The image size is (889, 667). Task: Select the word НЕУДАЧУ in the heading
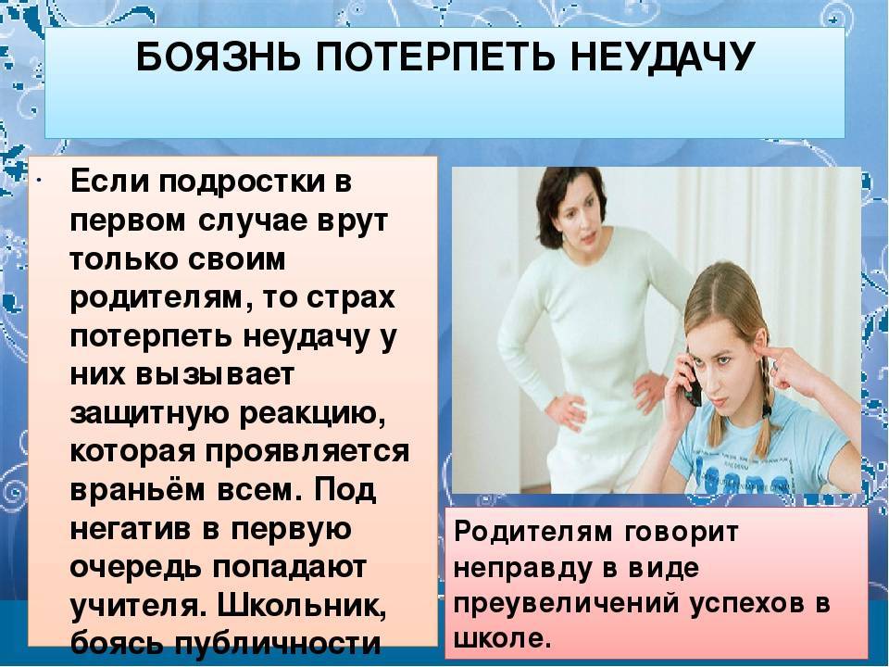point(661,57)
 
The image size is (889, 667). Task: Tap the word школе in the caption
point(502,638)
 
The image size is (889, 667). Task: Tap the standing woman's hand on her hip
point(563,409)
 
